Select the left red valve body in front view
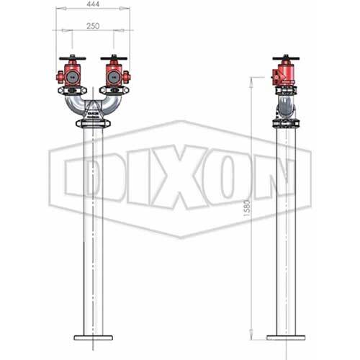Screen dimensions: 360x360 tap(73, 75)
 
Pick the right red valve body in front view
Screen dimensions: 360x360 tap(114, 75)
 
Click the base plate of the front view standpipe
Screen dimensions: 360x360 tap(94, 336)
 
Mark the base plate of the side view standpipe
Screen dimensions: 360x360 tap(287, 336)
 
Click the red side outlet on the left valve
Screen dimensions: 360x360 tap(57, 76)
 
